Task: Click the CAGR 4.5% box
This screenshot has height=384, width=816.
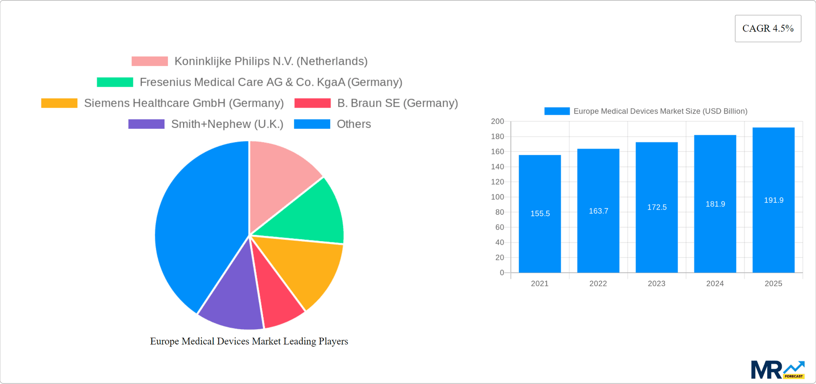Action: coord(768,28)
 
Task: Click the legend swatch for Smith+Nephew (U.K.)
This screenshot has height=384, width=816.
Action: coord(146,124)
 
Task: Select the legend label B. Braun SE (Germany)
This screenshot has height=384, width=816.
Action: coord(397,103)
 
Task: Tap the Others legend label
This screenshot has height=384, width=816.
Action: coord(354,124)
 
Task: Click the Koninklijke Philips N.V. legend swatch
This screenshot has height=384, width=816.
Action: coord(150,61)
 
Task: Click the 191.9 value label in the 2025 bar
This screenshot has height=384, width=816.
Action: coord(773,200)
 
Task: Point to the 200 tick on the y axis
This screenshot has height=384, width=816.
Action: coord(497,122)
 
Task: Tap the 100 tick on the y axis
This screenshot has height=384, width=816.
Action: coord(497,197)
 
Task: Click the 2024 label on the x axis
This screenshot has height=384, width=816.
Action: coord(715,284)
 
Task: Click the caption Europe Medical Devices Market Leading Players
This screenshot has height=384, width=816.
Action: coord(249,341)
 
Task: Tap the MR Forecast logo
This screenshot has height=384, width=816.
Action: coord(777,370)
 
